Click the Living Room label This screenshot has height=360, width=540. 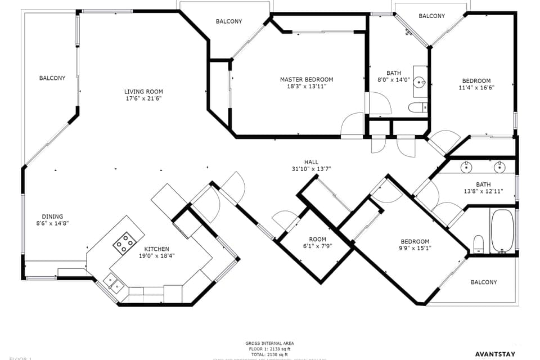coord(143,92)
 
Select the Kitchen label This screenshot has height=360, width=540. coord(156,249)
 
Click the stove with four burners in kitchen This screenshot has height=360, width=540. coord(124,243)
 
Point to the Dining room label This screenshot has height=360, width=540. coord(52,217)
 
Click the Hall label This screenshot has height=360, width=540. coord(311,162)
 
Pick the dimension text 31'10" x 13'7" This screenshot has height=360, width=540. coord(311,169)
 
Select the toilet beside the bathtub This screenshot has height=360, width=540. coord(479,244)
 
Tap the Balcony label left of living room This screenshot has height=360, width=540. coord(52,78)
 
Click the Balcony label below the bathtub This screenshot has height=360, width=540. coord(484,282)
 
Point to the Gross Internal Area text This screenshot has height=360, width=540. coord(269,343)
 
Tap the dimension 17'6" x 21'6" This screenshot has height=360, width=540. coord(143,98)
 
